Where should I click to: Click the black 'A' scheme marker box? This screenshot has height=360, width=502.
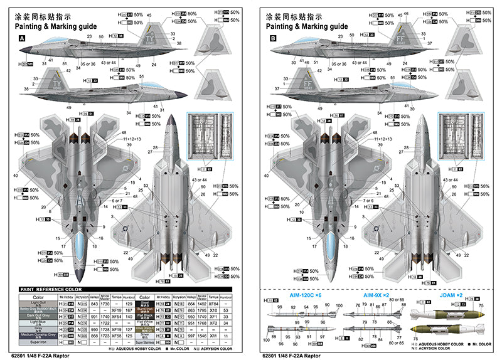pos(23,38)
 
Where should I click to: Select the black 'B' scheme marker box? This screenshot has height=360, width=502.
pos(272,38)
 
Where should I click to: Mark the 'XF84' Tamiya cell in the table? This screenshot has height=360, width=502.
pos(213,303)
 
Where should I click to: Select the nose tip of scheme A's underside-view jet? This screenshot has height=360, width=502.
pos(172,118)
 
